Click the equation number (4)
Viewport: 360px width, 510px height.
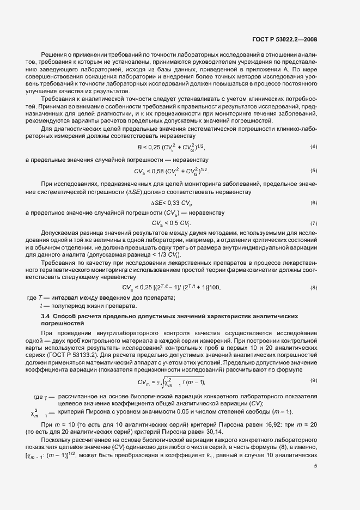[314, 148]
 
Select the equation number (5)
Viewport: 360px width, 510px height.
[314, 171]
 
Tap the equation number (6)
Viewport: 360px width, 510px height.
[314, 203]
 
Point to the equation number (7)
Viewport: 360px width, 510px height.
[314, 223]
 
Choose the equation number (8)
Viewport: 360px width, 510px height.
[314, 287]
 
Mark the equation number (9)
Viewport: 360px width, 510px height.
[314, 379]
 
